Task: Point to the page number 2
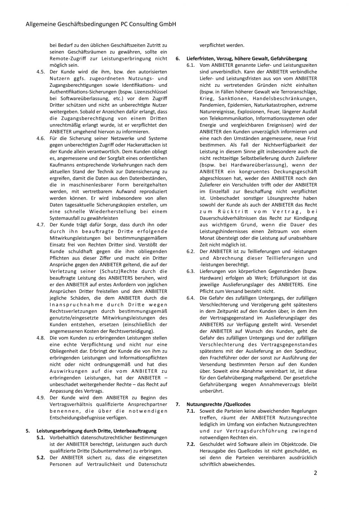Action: point(315,473)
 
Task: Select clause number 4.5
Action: point(41,72)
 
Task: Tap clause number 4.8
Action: point(41,338)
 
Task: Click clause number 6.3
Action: point(191,271)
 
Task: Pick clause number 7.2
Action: point(191,444)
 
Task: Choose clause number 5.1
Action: point(41,437)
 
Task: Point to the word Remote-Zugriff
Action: point(65,58)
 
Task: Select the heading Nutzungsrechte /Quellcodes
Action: point(218,404)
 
